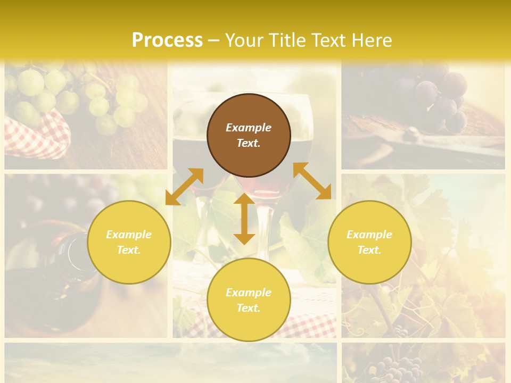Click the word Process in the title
[x=167, y=40]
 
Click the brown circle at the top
[x=249, y=136]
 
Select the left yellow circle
[x=129, y=242]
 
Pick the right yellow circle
[x=369, y=242]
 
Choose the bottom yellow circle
[x=249, y=299]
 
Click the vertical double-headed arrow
[x=244, y=219]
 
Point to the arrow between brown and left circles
[x=184, y=187]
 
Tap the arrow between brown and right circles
[x=312, y=181]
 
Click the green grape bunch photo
[x=80, y=96]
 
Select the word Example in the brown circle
[x=249, y=128]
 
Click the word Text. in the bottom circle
[x=249, y=308]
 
